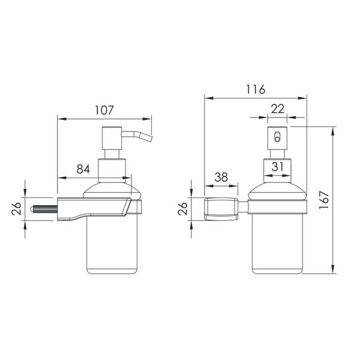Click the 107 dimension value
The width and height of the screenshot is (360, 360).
104,110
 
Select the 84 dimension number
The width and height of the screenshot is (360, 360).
83,169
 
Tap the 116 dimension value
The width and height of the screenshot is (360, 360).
256,89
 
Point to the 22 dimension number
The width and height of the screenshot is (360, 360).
278,109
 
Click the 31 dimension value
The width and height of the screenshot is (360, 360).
278,166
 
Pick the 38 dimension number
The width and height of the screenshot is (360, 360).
221,177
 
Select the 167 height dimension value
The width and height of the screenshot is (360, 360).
324,200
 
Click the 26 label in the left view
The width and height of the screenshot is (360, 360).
16,208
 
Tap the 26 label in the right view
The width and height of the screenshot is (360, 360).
183,208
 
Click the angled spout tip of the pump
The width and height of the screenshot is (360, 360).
150,139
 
